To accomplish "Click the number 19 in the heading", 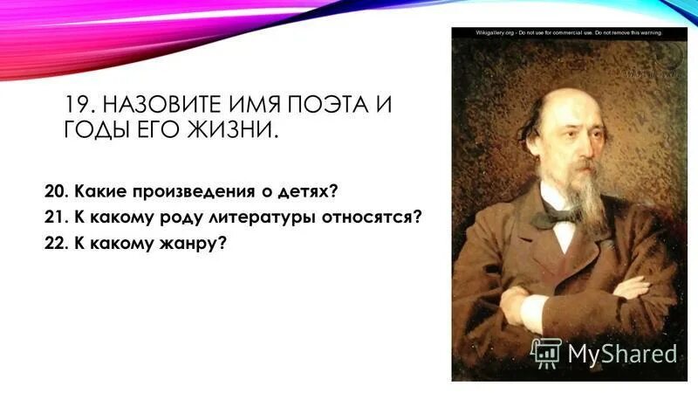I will [x=79, y=106].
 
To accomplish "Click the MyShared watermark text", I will [x=622, y=354].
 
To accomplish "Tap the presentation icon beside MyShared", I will [x=546, y=353].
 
